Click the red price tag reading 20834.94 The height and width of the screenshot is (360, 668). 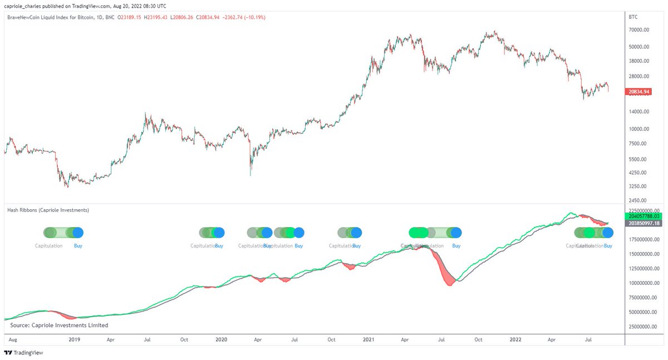coord(638,91)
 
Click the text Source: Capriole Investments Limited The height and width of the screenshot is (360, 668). coord(59,325)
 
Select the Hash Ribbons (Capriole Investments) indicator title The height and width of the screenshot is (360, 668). coord(48,210)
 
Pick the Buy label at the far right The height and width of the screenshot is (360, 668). coord(608,245)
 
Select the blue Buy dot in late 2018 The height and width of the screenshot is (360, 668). coord(77,233)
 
